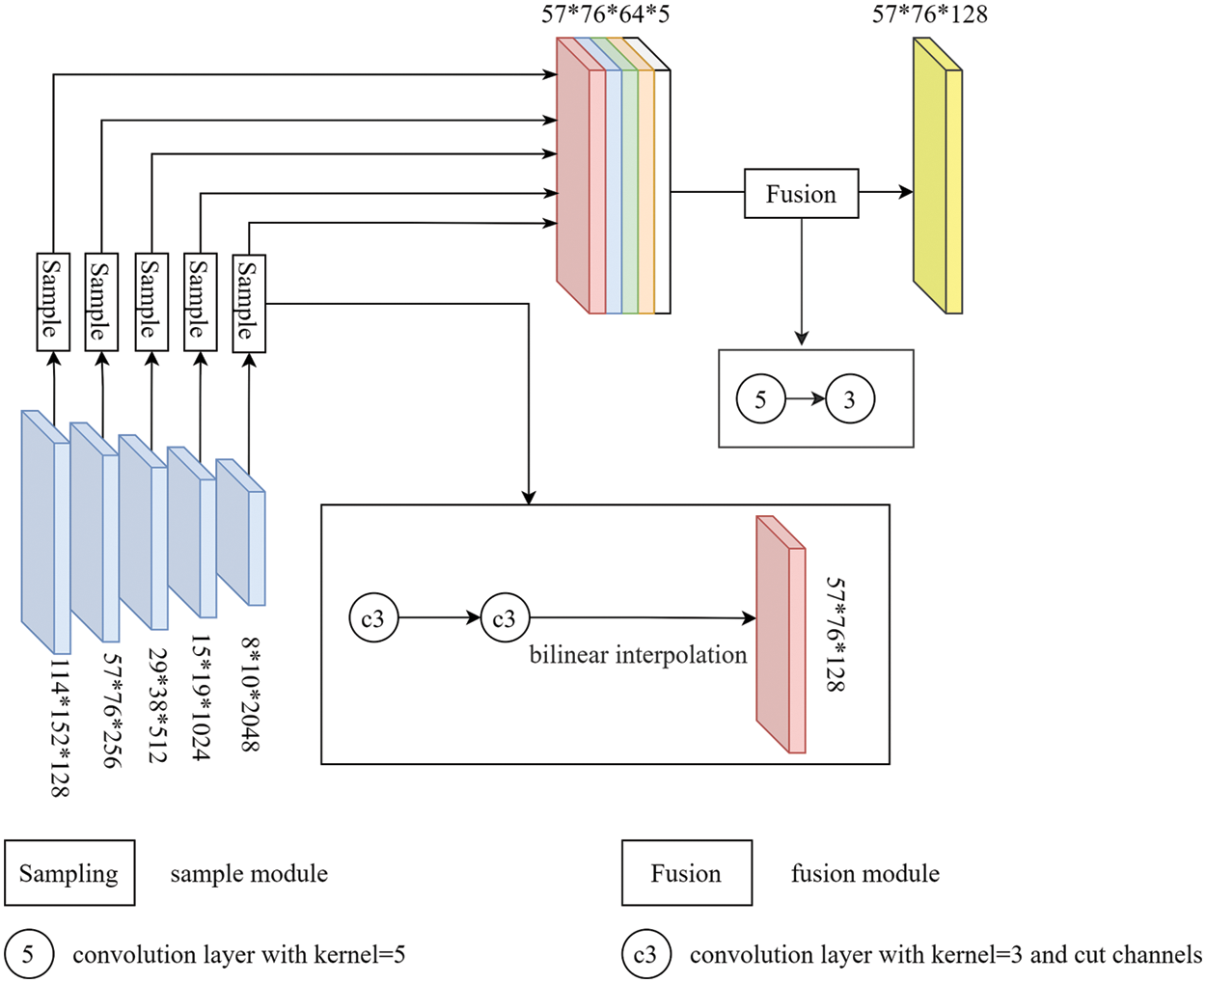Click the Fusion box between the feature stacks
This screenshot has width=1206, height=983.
click(801, 194)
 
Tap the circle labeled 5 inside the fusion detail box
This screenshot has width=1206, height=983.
click(760, 399)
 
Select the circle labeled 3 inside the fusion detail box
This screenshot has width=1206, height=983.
click(849, 399)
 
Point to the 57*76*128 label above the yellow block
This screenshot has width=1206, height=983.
click(929, 14)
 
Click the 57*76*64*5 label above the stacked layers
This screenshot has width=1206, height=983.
click(605, 14)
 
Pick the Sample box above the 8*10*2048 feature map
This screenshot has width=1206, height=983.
click(249, 303)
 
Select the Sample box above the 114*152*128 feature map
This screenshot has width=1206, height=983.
click(53, 301)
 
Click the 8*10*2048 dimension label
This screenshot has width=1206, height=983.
click(250, 693)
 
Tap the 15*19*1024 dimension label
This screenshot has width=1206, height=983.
click(200, 697)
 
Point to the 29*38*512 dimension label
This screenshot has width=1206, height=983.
click(155, 704)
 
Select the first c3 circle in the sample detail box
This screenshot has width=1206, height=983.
click(373, 618)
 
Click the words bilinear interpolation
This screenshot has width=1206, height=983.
click(638, 655)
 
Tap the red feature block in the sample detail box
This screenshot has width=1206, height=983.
click(781, 635)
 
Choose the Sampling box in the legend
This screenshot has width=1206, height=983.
click(69, 873)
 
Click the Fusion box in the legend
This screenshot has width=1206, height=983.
click(686, 873)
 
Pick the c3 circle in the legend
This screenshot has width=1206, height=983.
click(644, 955)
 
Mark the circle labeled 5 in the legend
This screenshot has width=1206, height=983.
click(28, 955)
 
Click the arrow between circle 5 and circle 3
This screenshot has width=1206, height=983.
click(805, 399)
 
